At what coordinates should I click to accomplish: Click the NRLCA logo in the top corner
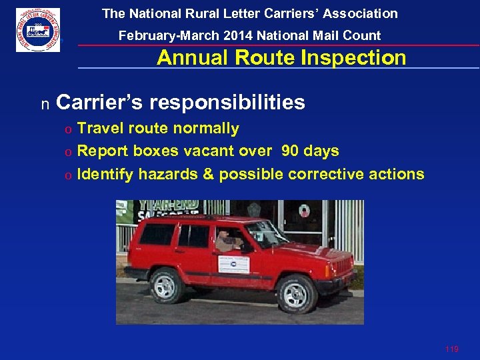38,30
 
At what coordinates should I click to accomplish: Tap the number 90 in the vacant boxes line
290,151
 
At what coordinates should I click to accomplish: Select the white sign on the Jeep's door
233,265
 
